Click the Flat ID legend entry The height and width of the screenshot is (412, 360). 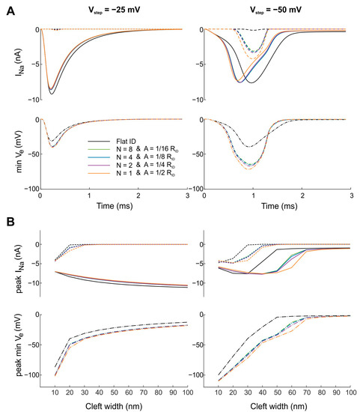tap(130, 141)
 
